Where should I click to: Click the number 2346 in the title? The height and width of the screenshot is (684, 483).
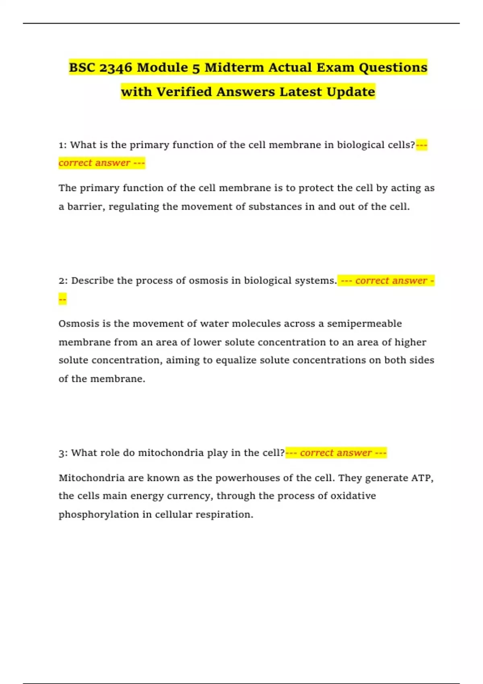click(116, 68)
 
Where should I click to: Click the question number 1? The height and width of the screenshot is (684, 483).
click(63, 145)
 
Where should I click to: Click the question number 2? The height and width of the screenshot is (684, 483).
click(63, 281)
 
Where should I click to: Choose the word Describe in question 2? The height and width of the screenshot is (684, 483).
click(93, 281)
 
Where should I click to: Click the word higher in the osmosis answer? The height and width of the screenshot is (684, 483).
click(410, 342)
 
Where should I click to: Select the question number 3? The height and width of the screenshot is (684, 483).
click(63, 453)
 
